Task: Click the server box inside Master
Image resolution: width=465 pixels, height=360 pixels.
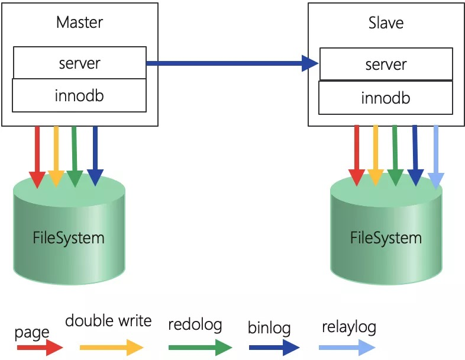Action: tap(79, 63)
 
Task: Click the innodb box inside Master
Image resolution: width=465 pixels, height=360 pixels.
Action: tap(79, 95)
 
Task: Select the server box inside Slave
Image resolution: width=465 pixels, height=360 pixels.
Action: tap(386, 64)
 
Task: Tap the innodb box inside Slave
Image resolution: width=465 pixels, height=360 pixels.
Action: tap(386, 98)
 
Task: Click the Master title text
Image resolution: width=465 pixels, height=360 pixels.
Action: tap(79, 22)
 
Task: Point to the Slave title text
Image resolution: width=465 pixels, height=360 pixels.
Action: tap(386, 23)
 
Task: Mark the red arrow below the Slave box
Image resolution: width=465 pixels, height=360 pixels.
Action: tap(357, 156)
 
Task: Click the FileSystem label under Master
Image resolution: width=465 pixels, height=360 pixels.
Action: tap(69, 238)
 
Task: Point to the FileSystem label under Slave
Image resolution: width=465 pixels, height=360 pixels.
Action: tap(386, 238)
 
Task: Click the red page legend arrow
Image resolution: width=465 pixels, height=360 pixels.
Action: tap(40, 347)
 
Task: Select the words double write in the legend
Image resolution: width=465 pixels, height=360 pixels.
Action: tap(108, 321)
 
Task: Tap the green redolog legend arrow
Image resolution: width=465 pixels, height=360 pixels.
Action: tap(200, 347)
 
